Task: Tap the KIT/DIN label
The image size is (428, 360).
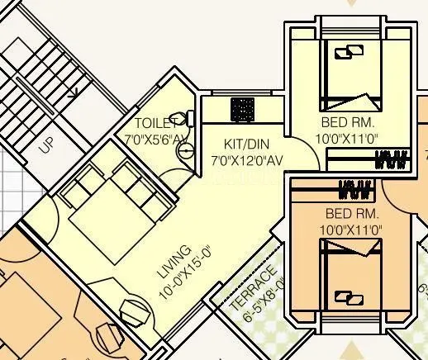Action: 245,143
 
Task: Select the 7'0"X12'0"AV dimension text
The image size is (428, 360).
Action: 247,159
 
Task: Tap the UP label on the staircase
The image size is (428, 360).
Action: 46,144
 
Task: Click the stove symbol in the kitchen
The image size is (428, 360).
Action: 242,109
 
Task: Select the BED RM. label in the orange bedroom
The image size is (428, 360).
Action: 351,212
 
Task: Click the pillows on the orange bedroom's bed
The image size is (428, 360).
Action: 350,296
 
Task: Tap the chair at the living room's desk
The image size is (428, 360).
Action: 135,312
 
